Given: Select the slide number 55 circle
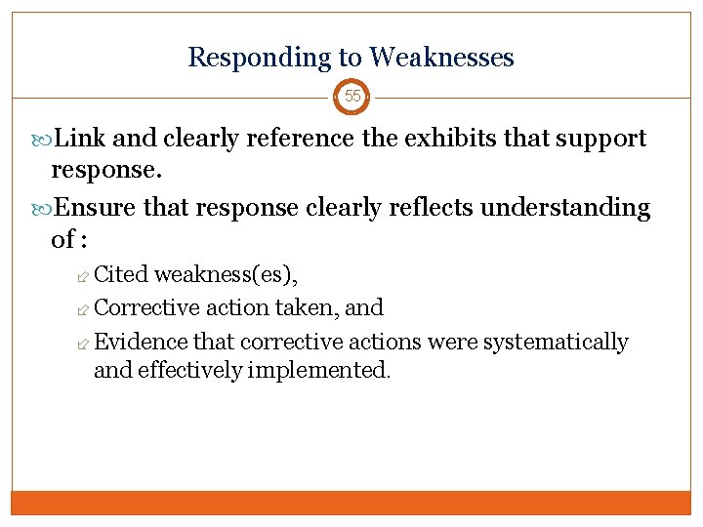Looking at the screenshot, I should pyautogui.click(x=351, y=97).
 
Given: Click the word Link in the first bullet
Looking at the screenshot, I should pyautogui.click(x=80, y=139).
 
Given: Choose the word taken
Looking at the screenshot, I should pyautogui.click(x=307, y=308).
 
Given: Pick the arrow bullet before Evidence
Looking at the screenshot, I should pyautogui.click(x=84, y=343).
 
